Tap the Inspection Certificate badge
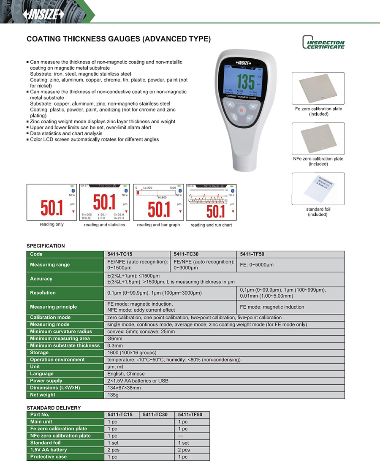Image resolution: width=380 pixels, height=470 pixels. [x=323, y=43]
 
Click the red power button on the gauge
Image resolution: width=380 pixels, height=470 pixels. [x=242, y=111]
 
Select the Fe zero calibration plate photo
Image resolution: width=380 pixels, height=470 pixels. [x=318, y=89]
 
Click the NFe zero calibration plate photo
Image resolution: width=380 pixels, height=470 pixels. [x=318, y=139]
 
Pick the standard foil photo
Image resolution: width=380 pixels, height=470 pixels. [x=318, y=189]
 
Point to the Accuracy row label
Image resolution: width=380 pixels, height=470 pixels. [x=41, y=279]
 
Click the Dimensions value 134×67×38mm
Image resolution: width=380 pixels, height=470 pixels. [x=124, y=388]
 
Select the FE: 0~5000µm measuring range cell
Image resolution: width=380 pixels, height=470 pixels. [x=257, y=265]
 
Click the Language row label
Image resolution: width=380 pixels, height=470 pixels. [x=42, y=374]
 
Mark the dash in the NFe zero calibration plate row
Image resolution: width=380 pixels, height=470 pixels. [x=181, y=436]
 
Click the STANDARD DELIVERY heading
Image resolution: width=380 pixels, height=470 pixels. [x=54, y=408]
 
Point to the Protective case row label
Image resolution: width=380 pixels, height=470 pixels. [x=49, y=457]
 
